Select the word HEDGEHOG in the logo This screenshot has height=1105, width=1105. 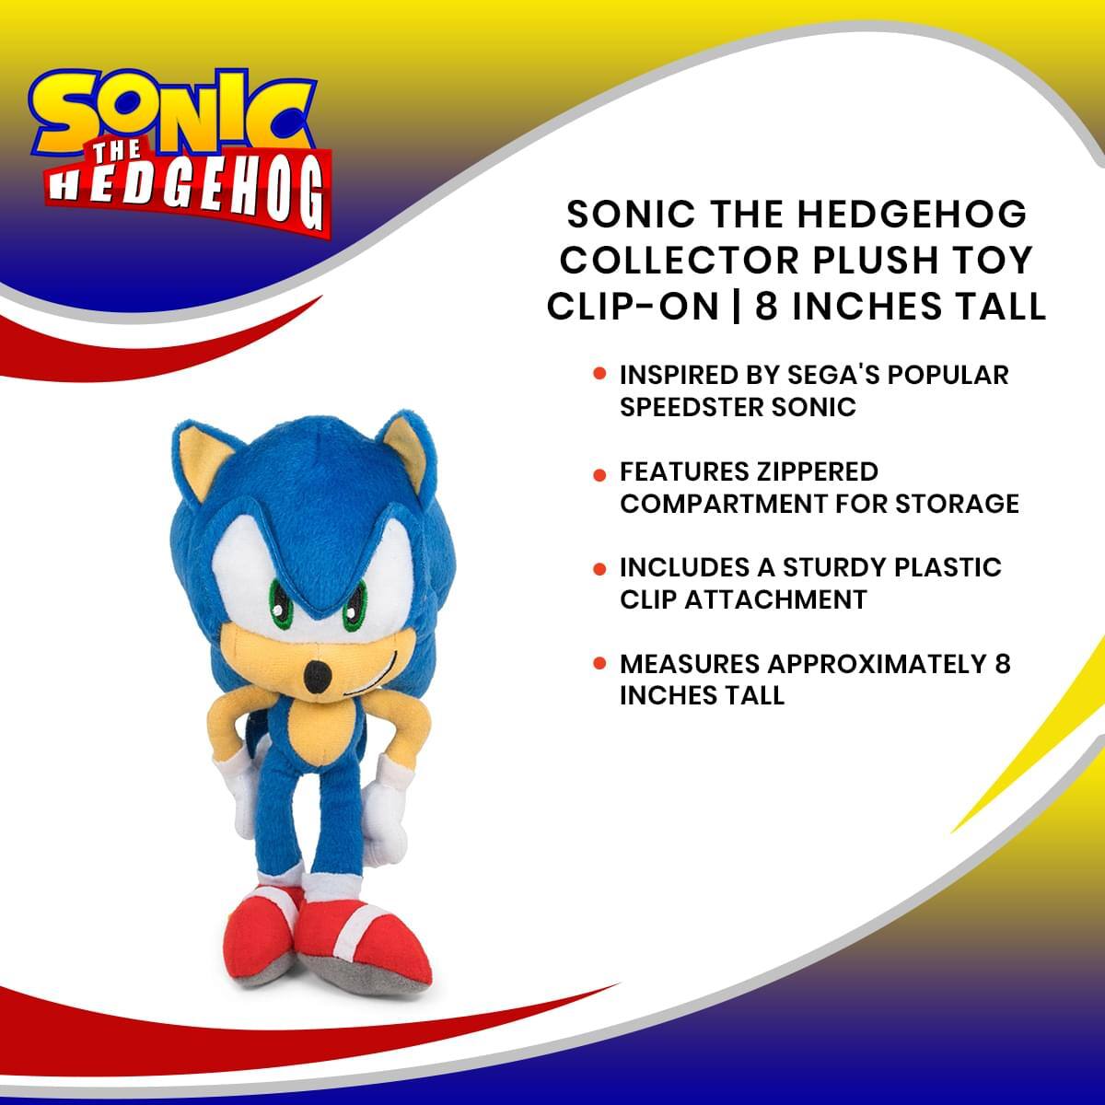click(x=189, y=192)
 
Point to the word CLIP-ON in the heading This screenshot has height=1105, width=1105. click(x=633, y=306)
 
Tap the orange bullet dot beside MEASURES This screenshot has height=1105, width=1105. click(x=599, y=664)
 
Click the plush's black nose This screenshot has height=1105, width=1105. click(x=317, y=679)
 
